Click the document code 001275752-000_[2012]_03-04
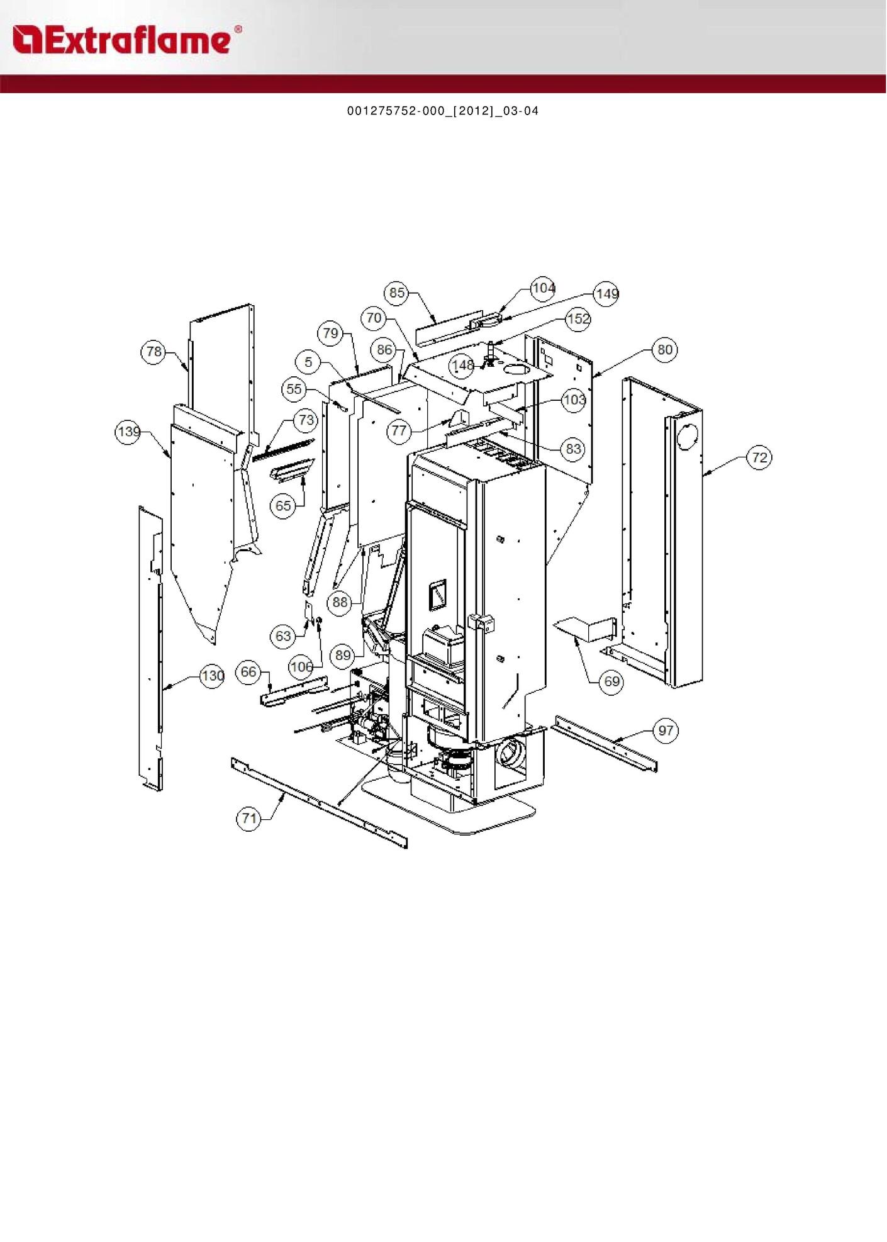[x=443, y=111]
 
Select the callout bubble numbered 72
[x=760, y=457]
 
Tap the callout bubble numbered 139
[x=128, y=432]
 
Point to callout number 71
[x=249, y=818]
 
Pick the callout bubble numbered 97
[x=666, y=730]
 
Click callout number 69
[x=611, y=681]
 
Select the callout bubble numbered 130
[x=212, y=676]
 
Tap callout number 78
[x=153, y=352]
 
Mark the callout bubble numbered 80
[x=665, y=350]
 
